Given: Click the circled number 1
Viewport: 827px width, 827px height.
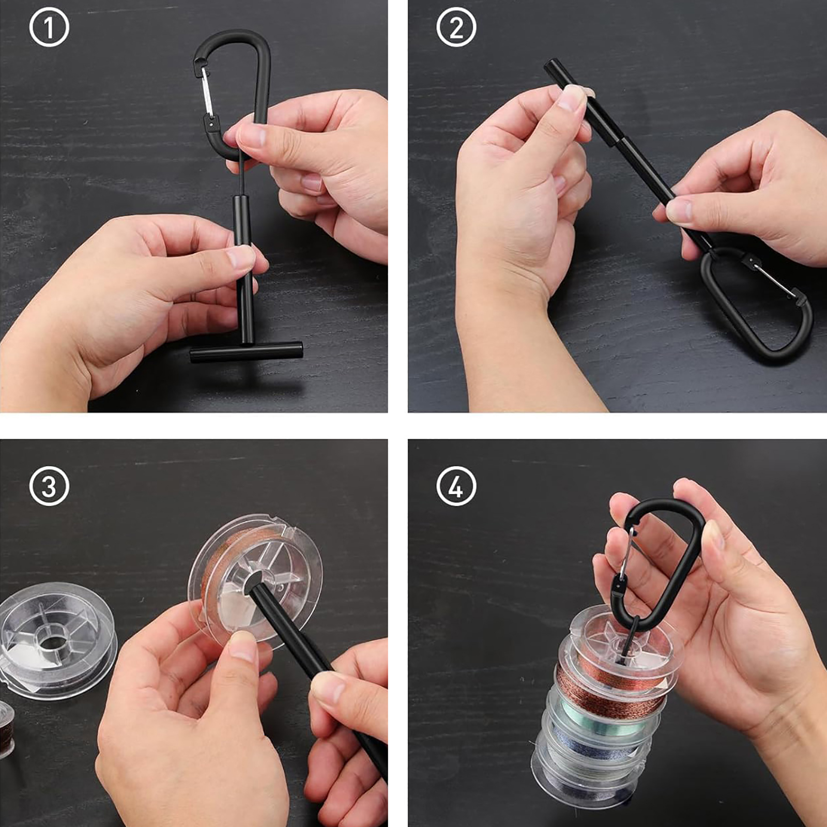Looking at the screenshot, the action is click(49, 28).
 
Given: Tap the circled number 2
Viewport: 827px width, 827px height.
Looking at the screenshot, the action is click(456, 28).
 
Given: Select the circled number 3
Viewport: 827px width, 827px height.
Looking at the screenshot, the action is click(49, 486).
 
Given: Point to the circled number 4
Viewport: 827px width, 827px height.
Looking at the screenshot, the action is click(456, 486).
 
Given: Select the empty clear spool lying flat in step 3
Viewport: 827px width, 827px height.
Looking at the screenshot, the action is click(57, 641).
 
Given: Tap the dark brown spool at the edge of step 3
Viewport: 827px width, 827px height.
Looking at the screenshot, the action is click(6, 729).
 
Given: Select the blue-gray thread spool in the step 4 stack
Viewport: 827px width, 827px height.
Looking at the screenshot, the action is click(594, 749).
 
